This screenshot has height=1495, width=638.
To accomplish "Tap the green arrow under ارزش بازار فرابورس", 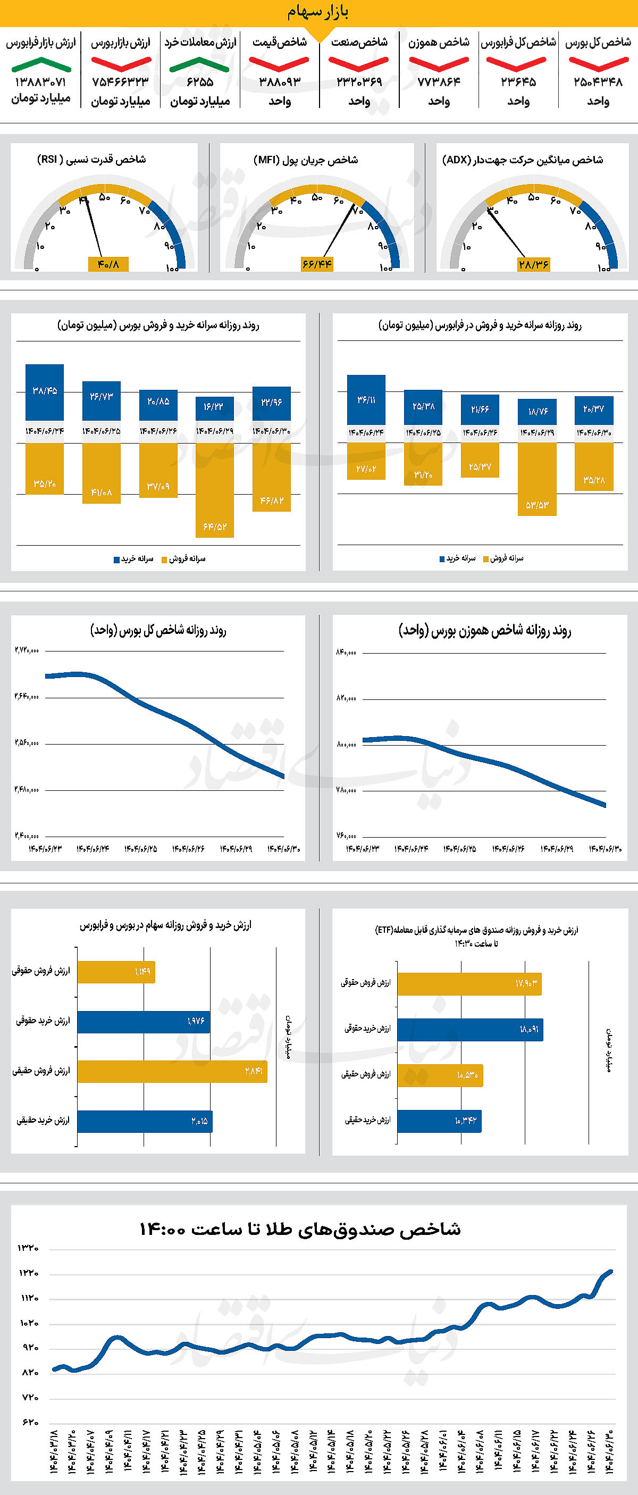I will pyautogui.click(x=40, y=64).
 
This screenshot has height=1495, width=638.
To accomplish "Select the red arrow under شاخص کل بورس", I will pyautogui.click(x=598, y=63).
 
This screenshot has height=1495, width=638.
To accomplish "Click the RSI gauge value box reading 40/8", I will pyautogui.click(x=108, y=264).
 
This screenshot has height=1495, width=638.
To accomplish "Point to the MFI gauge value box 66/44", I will pyautogui.click(x=317, y=264).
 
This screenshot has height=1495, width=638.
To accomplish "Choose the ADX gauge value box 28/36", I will pyautogui.click(x=534, y=264).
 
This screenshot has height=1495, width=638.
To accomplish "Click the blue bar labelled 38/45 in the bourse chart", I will pyautogui.click(x=45, y=392).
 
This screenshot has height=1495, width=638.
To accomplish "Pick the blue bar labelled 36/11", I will pyautogui.click(x=366, y=400).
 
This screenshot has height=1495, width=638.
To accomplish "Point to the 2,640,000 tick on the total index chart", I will pyautogui.click(x=27, y=696).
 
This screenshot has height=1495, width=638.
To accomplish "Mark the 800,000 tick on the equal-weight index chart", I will pyautogui.click(x=346, y=744).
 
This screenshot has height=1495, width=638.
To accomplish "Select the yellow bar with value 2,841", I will pyautogui.click(x=172, y=1071).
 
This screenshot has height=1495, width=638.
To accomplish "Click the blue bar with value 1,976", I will pyautogui.click(x=143, y=1022).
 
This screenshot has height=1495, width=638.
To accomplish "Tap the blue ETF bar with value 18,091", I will pyautogui.click(x=471, y=1030).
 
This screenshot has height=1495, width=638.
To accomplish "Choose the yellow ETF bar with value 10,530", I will pyautogui.click(x=440, y=1075).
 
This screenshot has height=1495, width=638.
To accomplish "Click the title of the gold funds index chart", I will pyautogui.click(x=300, y=1229).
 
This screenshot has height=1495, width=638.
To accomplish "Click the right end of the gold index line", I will pyautogui.click(x=611, y=1272).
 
